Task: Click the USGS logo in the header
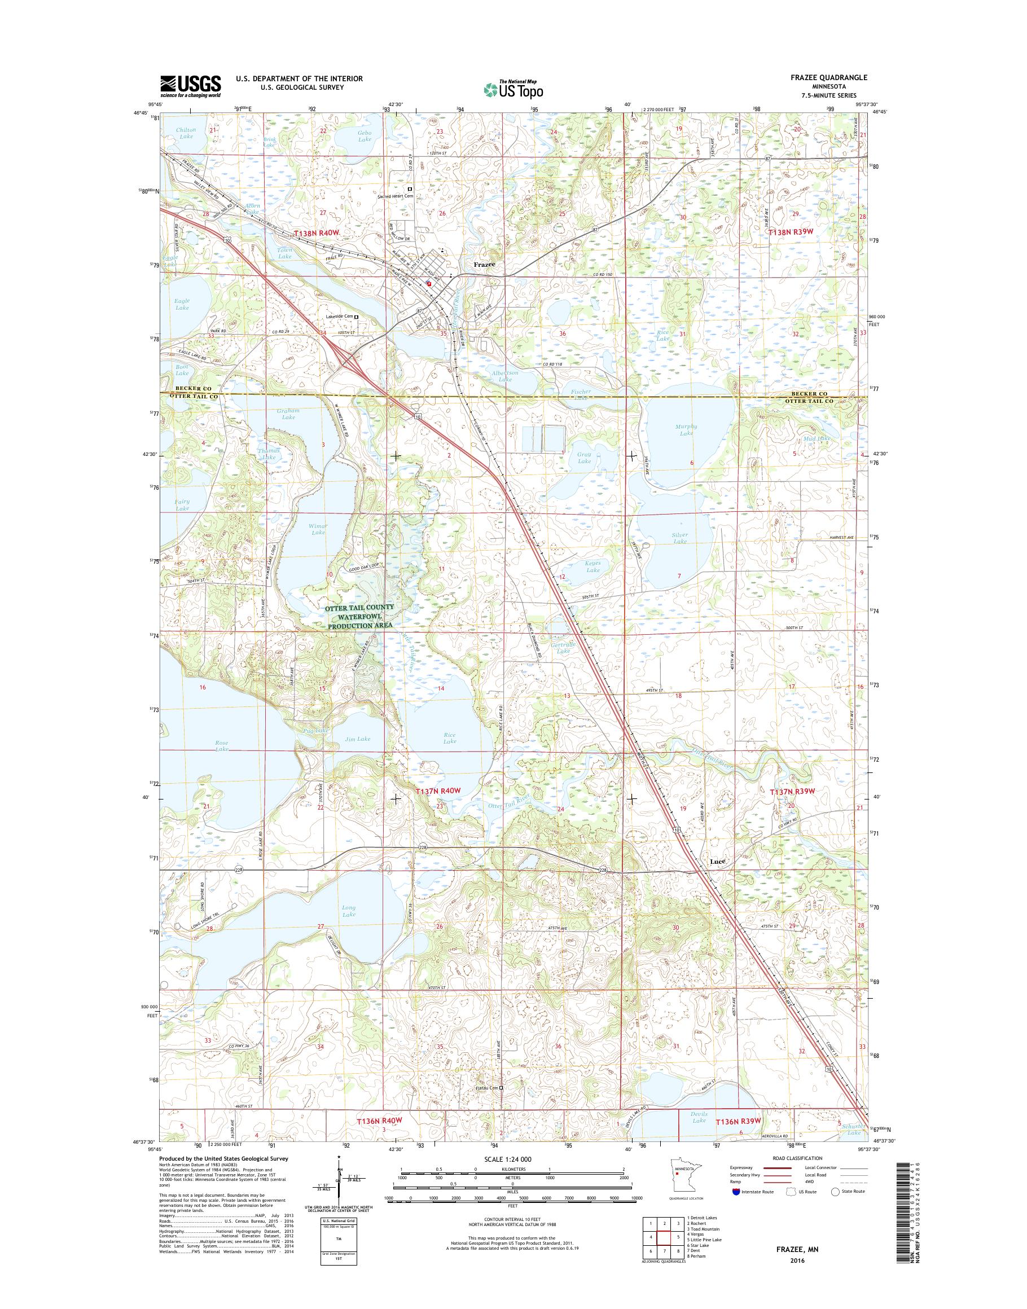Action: [x=190, y=86]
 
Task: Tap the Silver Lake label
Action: [x=680, y=538]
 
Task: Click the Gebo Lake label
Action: [x=365, y=136]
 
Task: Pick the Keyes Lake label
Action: [x=593, y=566]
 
